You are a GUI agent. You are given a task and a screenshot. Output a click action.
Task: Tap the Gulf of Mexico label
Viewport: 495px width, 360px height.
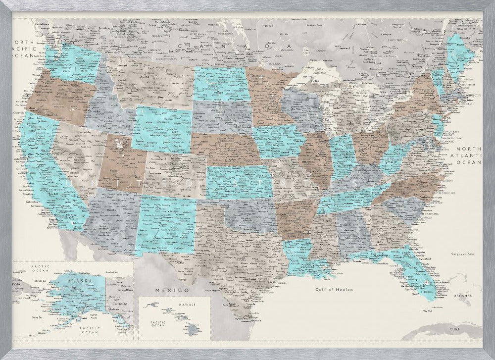click(334, 289)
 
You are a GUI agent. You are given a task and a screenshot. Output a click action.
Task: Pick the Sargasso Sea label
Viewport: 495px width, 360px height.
click(462, 254)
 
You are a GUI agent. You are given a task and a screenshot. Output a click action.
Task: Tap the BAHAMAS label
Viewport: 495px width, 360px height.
click(461, 296)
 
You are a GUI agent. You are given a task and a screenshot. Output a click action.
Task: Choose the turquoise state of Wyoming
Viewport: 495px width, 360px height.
click(163, 130)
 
